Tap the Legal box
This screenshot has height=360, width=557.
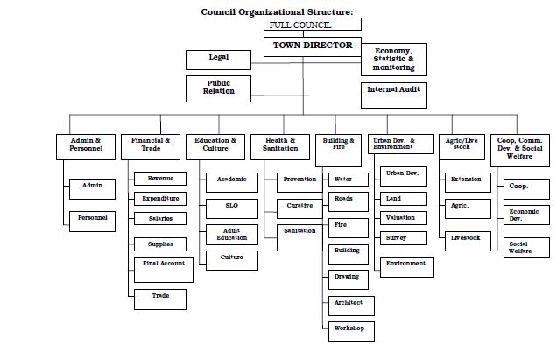[x=218, y=59]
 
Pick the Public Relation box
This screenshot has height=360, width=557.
[x=219, y=88]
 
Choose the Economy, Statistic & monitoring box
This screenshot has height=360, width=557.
[x=393, y=60]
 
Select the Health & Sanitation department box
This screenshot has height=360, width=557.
[x=280, y=145]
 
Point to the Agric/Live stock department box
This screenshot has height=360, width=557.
[x=461, y=145]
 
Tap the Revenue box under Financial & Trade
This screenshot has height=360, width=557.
[x=160, y=179]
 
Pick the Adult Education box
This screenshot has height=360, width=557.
[x=232, y=235]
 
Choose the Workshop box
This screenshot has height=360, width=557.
[x=348, y=331]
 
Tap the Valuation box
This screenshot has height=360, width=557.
[x=401, y=218]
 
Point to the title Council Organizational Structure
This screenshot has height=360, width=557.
[x=278, y=11]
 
